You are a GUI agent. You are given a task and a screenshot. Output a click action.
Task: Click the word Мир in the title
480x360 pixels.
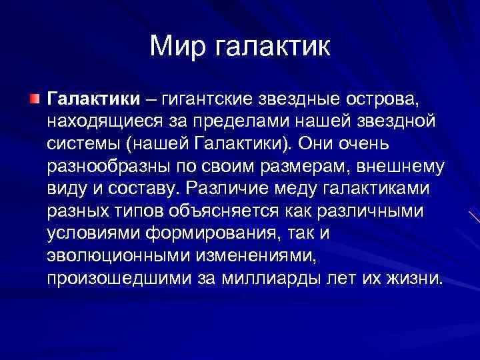pos(175,46)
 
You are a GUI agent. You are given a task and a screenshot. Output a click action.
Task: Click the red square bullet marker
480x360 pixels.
pos(35,99)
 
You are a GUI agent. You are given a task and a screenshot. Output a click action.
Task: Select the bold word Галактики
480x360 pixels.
pos(93,99)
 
